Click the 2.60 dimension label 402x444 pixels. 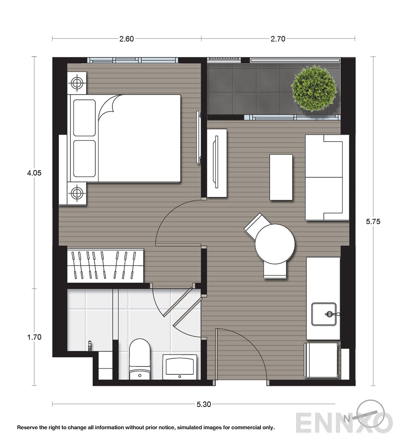coord(126,39)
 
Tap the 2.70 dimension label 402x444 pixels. coord(278,39)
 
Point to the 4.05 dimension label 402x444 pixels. coord(34,173)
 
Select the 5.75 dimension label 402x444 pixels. coord(373,221)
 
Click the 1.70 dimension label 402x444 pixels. coord(34,337)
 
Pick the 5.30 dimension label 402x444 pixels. coord(204,404)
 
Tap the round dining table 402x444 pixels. coord(275,244)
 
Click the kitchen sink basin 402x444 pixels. coord(324,314)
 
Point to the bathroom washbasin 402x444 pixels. coord(180,367)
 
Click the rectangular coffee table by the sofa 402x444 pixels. coord(281,177)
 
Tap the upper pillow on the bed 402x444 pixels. coord(84,118)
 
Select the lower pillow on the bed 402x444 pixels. coord(84,159)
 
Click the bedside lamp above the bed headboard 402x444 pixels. coord(77,83)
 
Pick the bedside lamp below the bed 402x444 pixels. coord(77,193)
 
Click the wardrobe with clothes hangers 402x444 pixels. coord(106,266)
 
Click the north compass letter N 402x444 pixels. coord(347,419)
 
